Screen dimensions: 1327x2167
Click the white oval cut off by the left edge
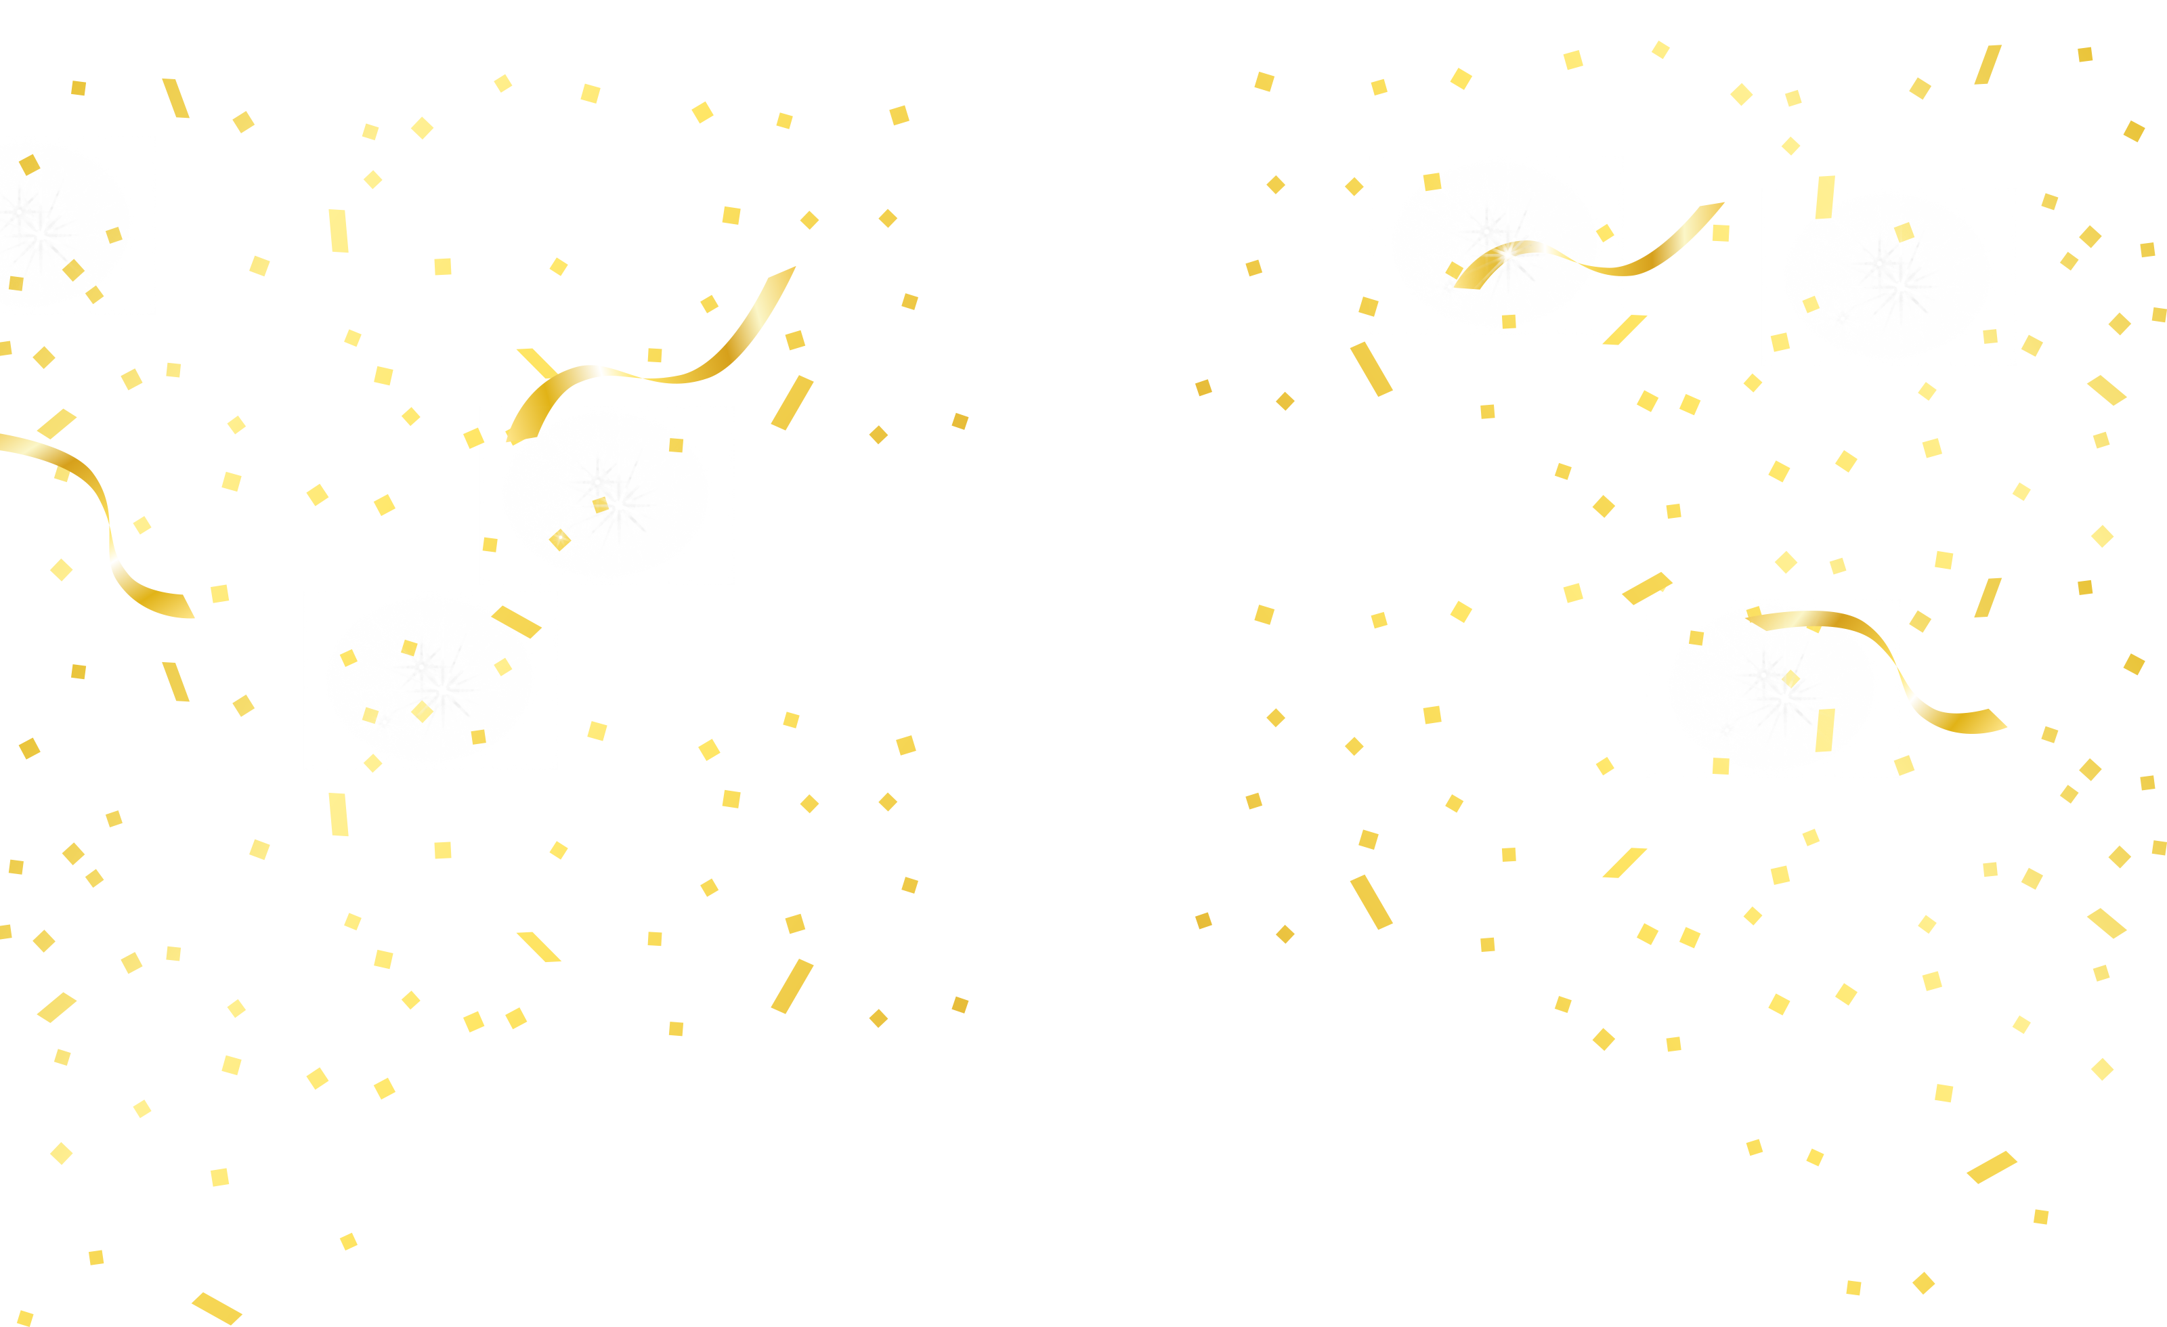(62, 223)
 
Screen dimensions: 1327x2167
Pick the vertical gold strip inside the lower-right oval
(1825, 730)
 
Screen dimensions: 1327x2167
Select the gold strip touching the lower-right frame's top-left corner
(1646, 588)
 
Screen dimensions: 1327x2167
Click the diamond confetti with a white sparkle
(559, 539)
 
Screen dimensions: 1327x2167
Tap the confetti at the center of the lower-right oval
(1790, 678)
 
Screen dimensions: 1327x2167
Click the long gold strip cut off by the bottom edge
(216, 1307)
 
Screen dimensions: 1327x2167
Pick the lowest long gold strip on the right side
(1992, 1167)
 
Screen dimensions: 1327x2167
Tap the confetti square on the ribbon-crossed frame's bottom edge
(1508, 322)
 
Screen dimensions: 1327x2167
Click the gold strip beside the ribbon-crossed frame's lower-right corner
(1625, 330)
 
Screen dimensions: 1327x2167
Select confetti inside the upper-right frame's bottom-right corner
(1990, 336)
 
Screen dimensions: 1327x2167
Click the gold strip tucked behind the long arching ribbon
(536, 362)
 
